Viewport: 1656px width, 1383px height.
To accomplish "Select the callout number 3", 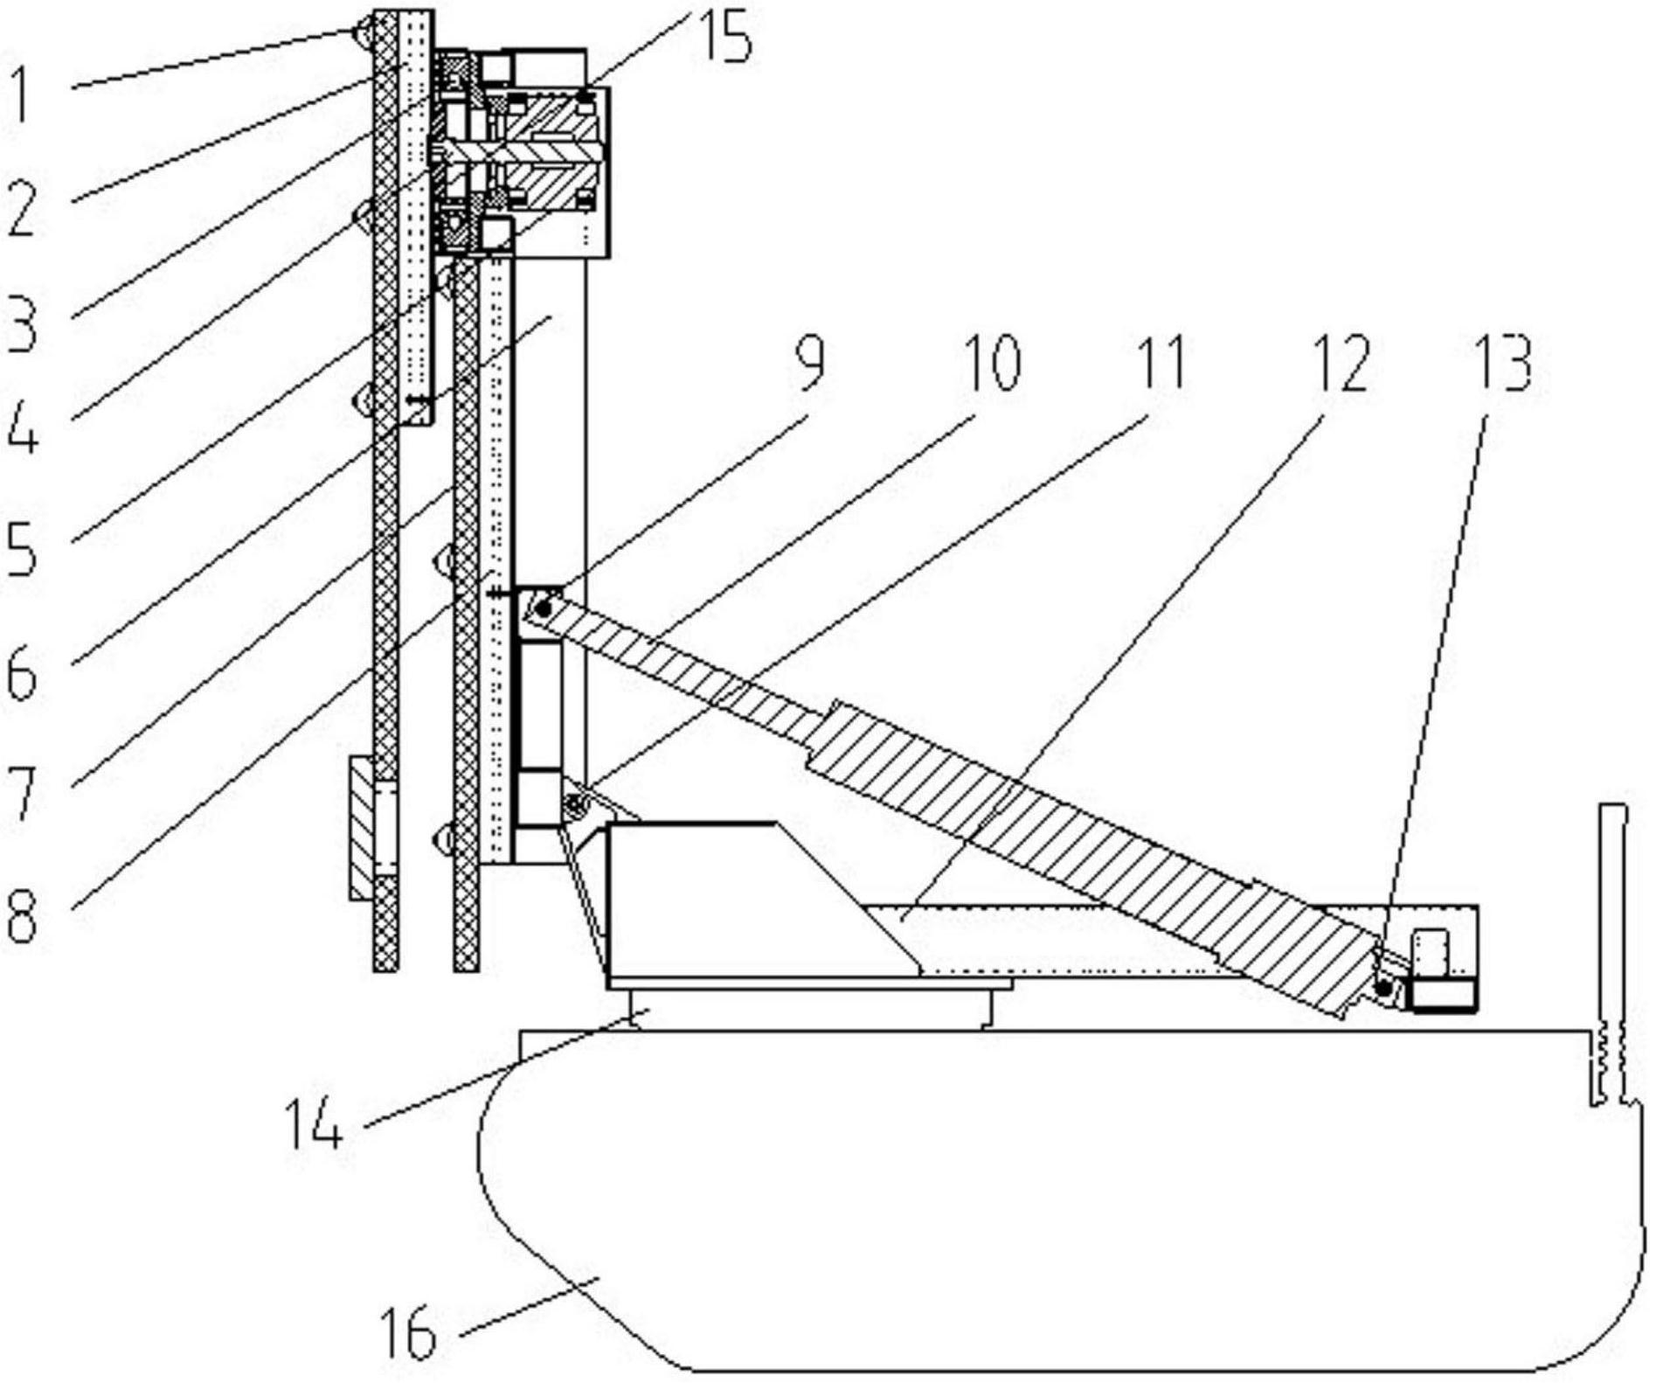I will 23,323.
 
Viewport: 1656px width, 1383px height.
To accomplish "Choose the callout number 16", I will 409,1333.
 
